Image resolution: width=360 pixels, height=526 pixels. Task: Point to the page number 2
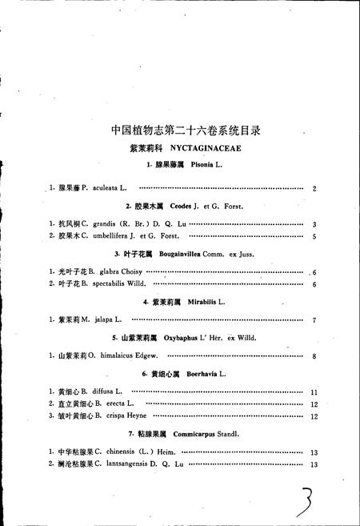(x=316, y=188)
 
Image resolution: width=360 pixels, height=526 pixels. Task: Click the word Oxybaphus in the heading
(x=181, y=338)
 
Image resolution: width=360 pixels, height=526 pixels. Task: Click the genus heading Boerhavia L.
(x=208, y=374)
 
